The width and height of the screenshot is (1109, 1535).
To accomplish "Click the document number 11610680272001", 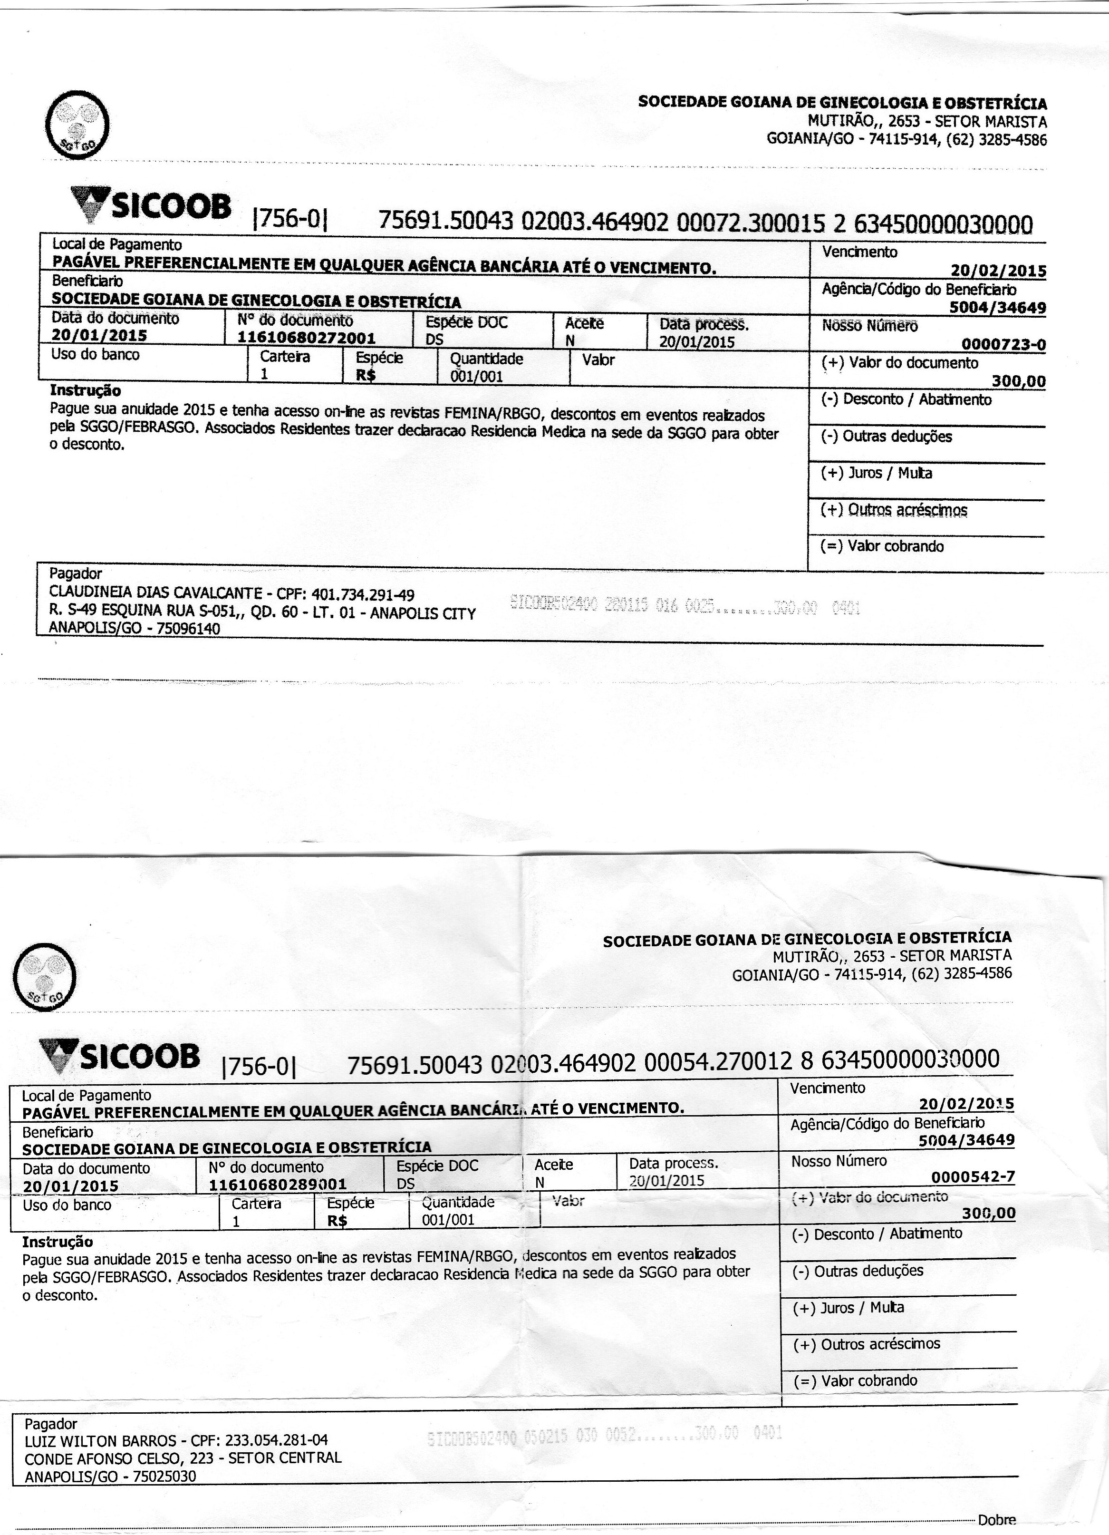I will click(307, 337).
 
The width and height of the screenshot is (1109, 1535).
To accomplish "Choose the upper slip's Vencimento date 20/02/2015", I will click(998, 271).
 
